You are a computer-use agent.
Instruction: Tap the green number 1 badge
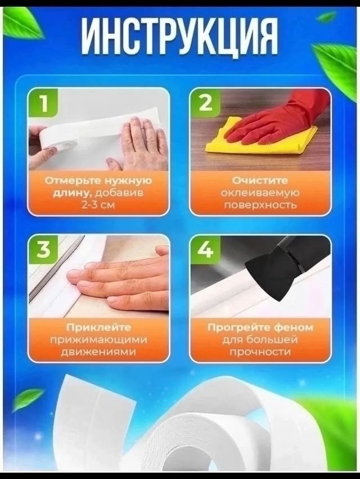[43, 103]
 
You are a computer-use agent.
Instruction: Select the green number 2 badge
[205, 103]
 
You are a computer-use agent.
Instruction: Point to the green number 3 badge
[43, 250]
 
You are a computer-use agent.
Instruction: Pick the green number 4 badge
[205, 250]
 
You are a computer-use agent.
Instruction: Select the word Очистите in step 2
[260, 180]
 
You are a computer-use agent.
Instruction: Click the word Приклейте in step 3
[98, 327]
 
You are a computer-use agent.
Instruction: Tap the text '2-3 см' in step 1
[98, 205]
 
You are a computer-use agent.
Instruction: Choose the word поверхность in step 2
[260, 205]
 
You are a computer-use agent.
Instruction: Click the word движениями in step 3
[98, 351]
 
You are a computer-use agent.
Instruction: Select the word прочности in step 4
[260, 351]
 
